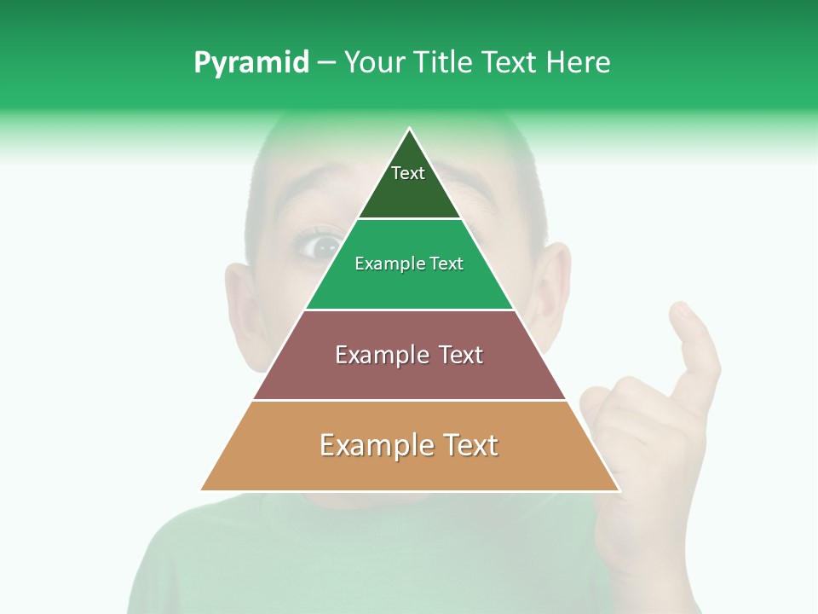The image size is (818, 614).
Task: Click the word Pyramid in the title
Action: point(251,63)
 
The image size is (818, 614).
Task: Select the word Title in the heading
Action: point(443,62)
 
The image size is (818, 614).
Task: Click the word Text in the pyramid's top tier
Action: point(408,173)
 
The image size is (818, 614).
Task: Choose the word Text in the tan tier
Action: point(467,445)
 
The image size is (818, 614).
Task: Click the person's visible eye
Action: point(321,246)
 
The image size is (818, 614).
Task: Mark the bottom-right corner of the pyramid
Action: point(619,490)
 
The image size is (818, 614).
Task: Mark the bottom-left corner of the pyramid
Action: point(201,490)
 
